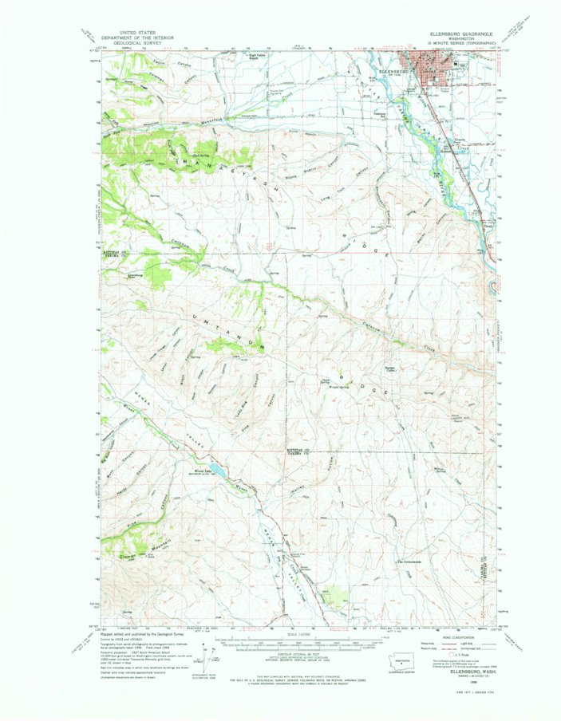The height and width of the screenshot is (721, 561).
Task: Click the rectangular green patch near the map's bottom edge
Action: pos(339,597)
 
